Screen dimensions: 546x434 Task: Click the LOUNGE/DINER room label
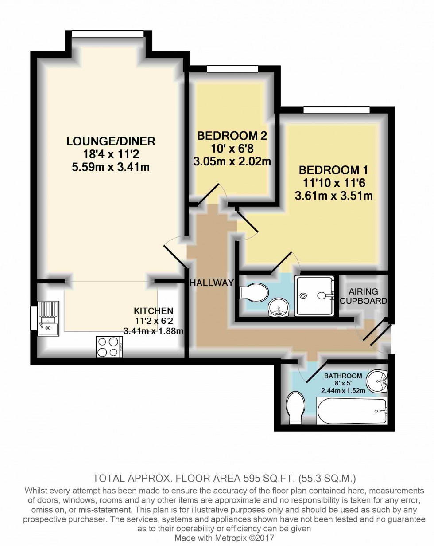pyautogui.click(x=111, y=141)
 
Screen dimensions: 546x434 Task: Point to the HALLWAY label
pyautogui.click(x=212, y=283)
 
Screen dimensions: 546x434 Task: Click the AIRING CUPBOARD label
pyautogui.click(x=363, y=296)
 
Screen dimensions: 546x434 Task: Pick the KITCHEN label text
pyautogui.click(x=154, y=311)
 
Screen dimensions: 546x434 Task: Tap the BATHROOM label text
pyautogui.click(x=343, y=376)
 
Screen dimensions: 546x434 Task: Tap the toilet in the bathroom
pyautogui.click(x=294, y=407)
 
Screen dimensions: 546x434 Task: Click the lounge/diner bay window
pyautogui.click(x=108, y=34)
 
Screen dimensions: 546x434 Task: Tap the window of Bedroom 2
pyautogui.click(x=232, y=69)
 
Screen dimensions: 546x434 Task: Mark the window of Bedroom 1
pyautogui.click(x=337, y=110)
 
